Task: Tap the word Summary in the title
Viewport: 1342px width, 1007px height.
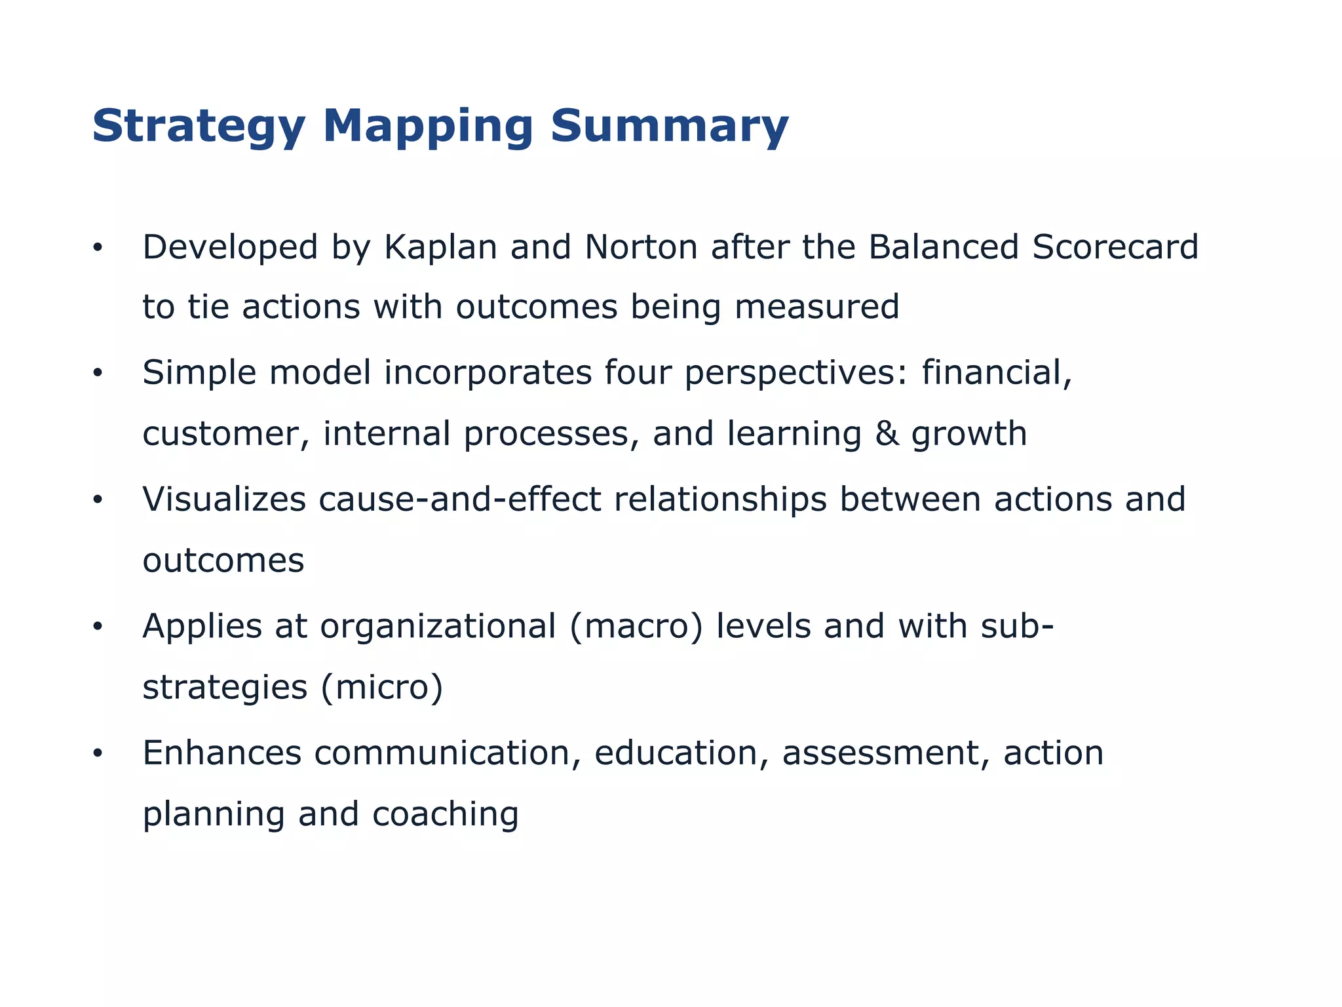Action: click(x=669, y=127)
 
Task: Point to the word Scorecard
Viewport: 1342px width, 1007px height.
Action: click(x=1115, y=247)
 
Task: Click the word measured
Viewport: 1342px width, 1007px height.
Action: click(x=816, y=307)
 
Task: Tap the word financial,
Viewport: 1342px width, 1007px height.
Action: click(x=997, y=372)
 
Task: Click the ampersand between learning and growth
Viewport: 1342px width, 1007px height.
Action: click(x=887, y=434)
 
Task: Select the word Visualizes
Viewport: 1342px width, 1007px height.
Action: click(x=224, y=500)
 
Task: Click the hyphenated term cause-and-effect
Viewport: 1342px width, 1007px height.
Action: click(x=459, y=500)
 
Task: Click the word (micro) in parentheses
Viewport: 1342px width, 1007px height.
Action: click(x=382, y=688)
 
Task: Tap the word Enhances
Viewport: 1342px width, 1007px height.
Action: click(x=221, y=753)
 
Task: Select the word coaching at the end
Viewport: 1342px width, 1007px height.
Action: click(x=446, y=815)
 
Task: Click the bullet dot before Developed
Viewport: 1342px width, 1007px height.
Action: click(x=98, y=248)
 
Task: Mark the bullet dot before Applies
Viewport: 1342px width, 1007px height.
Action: click(x=98, y=627)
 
